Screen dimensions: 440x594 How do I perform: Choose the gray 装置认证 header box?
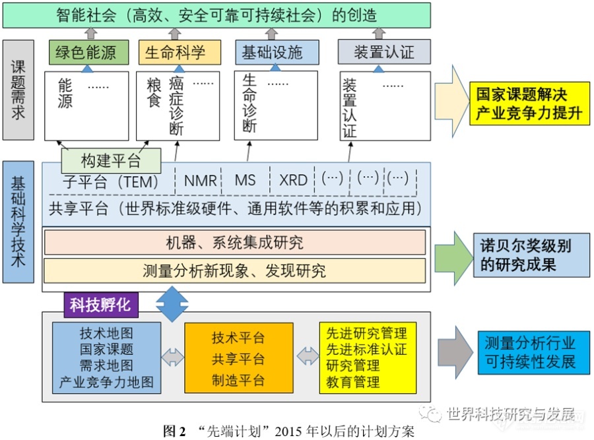pyautogui.click(x=384, y=52)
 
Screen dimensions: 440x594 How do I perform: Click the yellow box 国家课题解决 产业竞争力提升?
pyautogui.click(x=530, y=104)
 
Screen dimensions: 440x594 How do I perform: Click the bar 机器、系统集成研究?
pyautogui.click(x=234, y=242)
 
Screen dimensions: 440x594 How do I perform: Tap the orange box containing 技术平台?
pyautogui.click(x=238, y=358)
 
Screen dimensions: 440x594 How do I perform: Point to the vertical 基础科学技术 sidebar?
pyautogui.click(x=18, y=222)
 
